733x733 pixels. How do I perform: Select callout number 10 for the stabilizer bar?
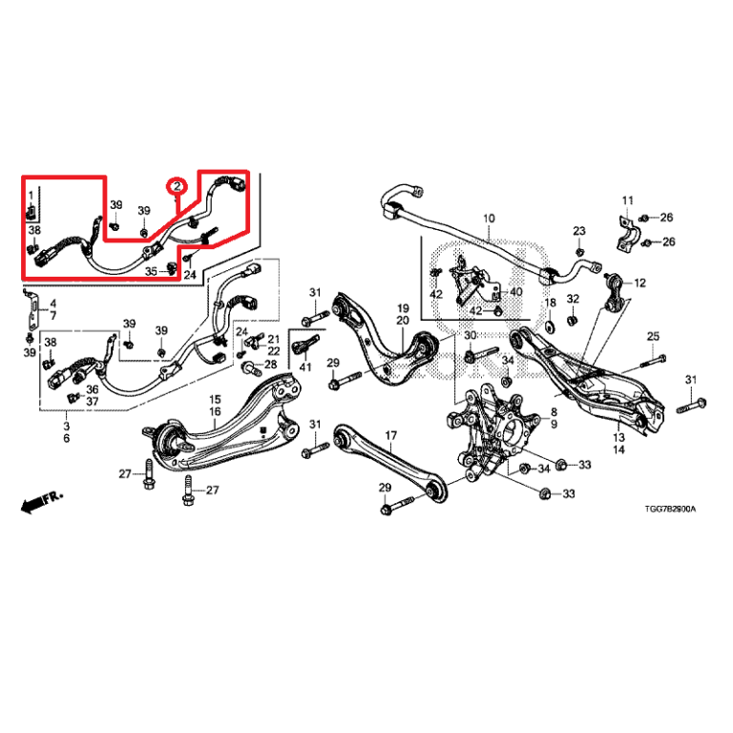[488, 220]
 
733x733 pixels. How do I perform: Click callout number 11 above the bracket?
[627, 199]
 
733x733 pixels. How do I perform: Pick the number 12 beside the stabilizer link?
[639, 283]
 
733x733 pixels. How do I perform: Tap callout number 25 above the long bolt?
[654, 336]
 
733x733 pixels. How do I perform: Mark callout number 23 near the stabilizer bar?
[578, 232]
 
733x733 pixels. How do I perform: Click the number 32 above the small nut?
[573, 300]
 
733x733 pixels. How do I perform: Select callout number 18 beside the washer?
[550, 303]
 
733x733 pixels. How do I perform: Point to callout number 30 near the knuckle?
[470, 336]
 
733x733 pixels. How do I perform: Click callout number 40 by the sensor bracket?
[516, 292]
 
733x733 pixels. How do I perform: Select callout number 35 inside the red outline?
[151, 272]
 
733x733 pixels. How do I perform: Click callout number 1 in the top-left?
[31, 196]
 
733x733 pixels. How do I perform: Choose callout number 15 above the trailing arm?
[215, 400]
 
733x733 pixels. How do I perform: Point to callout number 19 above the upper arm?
[403, 308]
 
